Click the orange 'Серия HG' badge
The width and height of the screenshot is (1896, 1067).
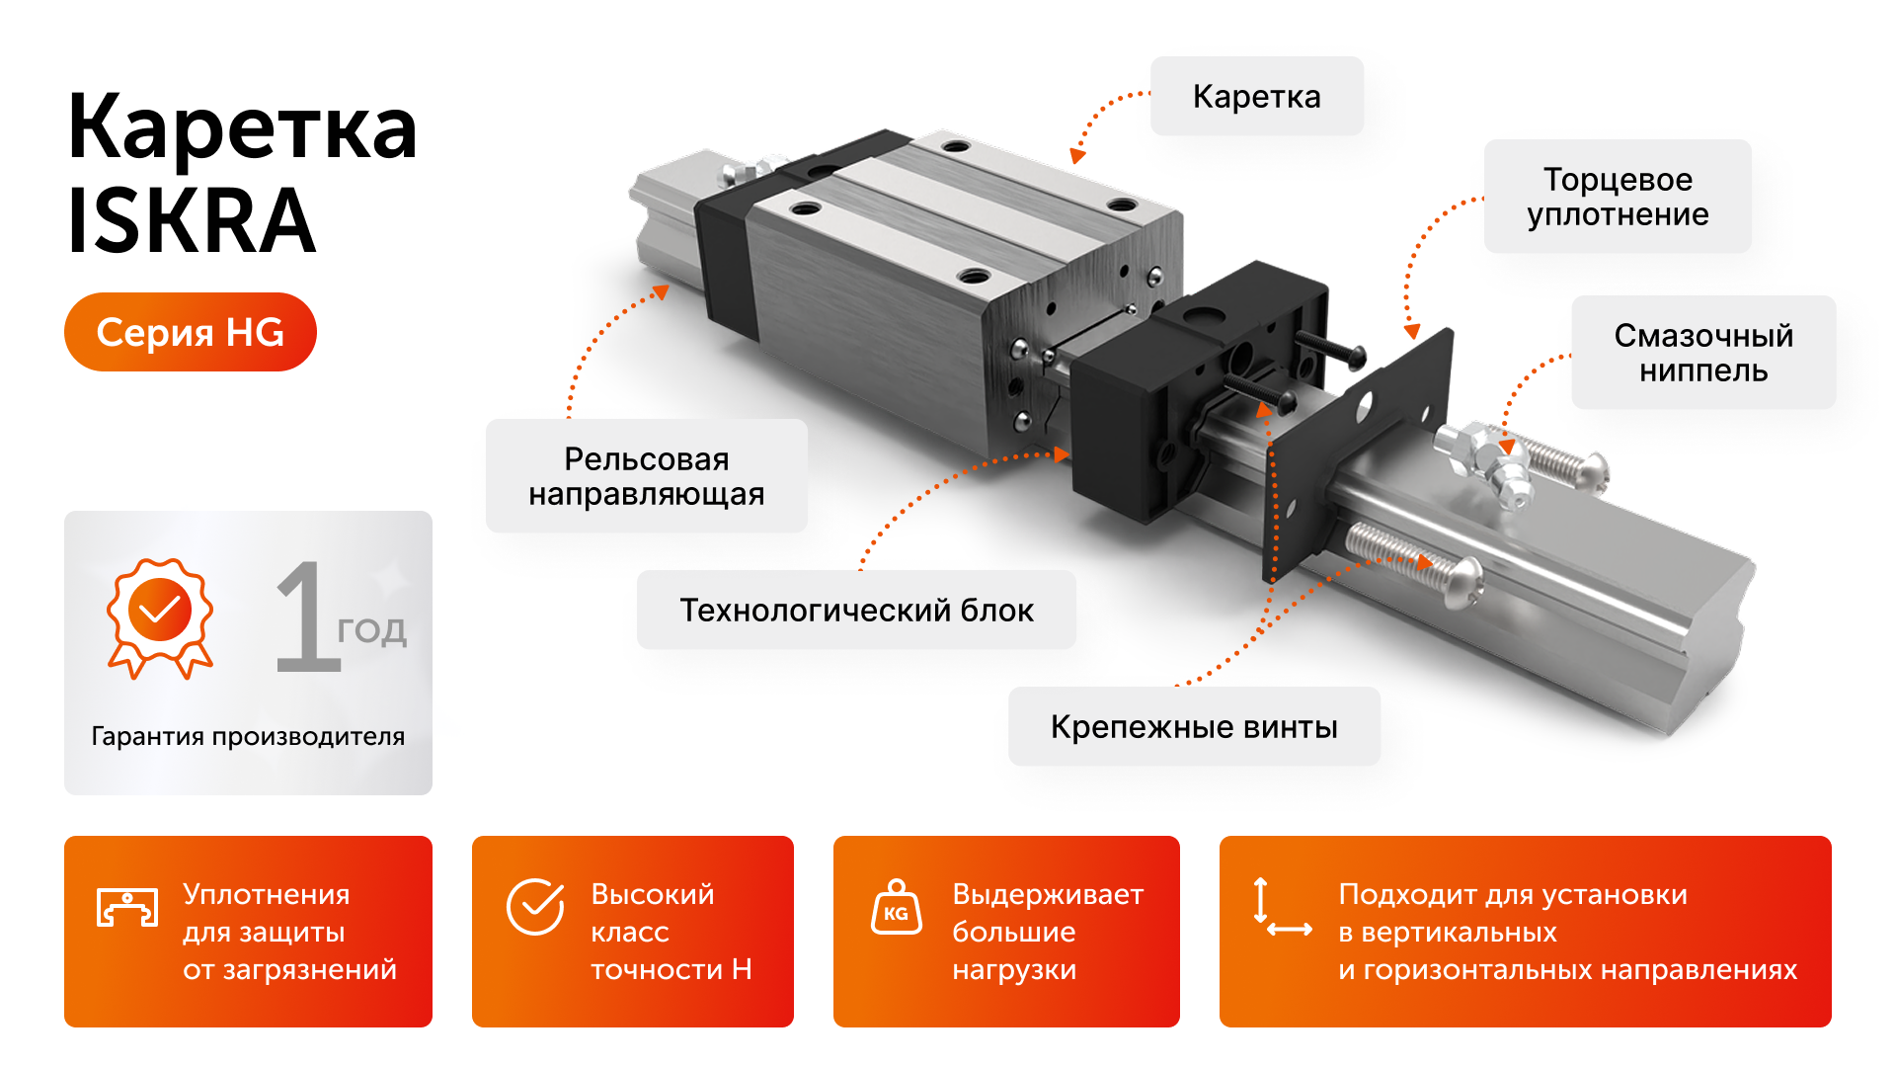[191, 332]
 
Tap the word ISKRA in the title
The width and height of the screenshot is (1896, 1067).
[192, 221]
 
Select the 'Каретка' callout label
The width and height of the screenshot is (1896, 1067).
[1256, 97]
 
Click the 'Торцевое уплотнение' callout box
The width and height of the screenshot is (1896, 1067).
[1618, 197]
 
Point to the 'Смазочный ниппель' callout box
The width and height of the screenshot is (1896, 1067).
[1703, 353]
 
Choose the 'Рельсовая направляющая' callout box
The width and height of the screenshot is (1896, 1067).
[646, 476]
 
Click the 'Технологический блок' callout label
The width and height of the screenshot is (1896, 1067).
[856, 611]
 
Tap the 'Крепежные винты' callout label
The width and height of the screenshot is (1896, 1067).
[1194, 727]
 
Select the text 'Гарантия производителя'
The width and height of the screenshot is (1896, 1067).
[248, 736]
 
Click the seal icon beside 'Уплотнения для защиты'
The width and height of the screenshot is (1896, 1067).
[127, 907]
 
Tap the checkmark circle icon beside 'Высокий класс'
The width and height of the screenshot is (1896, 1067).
[535, 907]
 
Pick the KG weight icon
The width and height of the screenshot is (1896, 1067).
[896, 907]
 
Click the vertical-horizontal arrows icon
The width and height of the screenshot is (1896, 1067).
[1281, 907]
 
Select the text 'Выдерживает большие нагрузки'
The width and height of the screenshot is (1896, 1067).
[1047, 932]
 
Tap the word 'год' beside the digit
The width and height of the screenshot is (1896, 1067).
[371, 630]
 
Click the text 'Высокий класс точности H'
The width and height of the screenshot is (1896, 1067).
[671, 932]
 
